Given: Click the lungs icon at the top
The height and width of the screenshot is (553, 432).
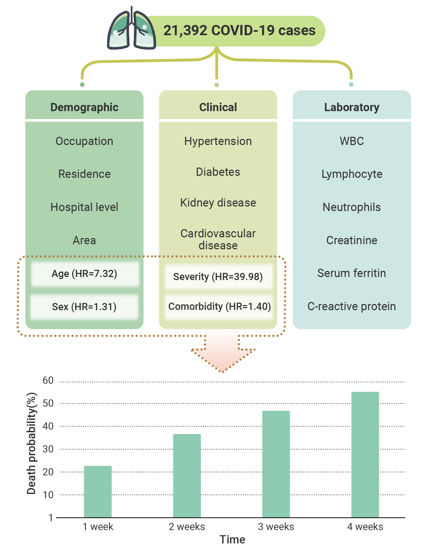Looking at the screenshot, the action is [131, 28].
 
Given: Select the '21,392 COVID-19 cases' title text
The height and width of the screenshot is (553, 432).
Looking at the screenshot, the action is [239, 30].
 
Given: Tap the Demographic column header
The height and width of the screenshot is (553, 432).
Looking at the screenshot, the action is [84, 107].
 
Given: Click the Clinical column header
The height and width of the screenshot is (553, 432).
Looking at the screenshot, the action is [218, 107].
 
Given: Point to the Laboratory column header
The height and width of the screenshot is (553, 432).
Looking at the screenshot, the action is [352, 107].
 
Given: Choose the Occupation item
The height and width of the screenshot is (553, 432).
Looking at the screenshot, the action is [84, 141].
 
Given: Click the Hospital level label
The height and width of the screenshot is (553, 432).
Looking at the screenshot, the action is [84, 207].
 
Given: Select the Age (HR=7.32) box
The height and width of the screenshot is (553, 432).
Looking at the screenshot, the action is [85, 274].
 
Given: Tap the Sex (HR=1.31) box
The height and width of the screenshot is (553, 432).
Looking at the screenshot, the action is [84, 307].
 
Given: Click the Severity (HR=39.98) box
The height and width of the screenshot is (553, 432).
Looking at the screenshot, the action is [218, 277].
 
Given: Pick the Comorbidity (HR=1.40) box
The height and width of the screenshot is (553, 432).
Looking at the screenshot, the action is [219, 307].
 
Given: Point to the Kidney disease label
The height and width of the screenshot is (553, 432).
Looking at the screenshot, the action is [218, 203].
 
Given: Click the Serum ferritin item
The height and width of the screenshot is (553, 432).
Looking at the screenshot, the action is [352, 273].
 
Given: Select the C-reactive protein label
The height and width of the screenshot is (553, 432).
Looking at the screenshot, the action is [352, 306].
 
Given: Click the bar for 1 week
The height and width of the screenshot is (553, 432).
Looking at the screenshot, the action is [98, 492].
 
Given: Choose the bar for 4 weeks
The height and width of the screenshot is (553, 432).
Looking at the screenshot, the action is [365, 455].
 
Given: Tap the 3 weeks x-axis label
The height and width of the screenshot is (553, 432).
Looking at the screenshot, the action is [276, 527].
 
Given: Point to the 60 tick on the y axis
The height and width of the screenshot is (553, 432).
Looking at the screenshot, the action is [48, 380].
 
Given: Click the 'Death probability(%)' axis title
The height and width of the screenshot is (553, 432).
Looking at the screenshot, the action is [32, 444].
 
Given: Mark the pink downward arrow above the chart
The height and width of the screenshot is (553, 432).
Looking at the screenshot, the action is [223, 351].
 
